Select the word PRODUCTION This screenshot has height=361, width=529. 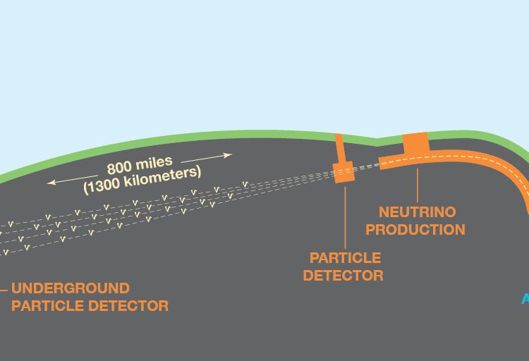[x=415, y=230]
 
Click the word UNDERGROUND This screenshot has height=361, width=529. [x=71, y=288]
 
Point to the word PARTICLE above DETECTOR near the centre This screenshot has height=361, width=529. [x=345, y=258]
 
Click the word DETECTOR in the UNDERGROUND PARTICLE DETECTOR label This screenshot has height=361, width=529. [x=129, y=306]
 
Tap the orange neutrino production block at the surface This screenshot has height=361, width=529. [x=415, y=142]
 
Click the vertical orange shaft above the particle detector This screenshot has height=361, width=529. [x=339, y=148]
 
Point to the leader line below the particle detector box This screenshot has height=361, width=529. [x=344, y=215]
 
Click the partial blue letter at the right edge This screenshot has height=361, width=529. [x=525, y=300]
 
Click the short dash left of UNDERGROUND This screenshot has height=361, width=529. [x=4, y=288]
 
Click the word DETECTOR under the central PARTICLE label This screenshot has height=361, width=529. [x=343, y=276]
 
